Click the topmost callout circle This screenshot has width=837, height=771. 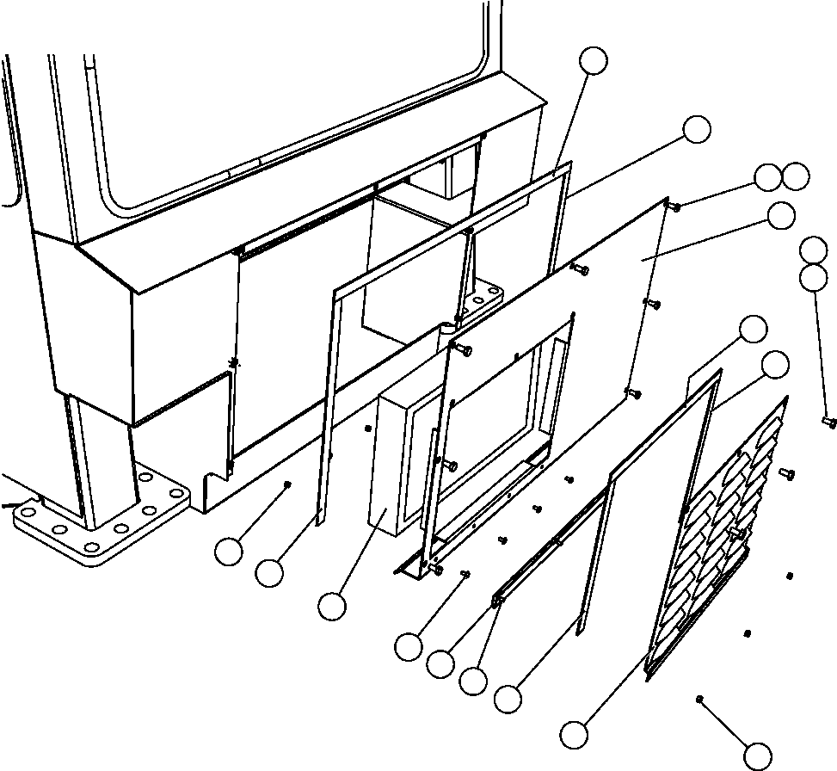pyautogui.click(x=594, y=61)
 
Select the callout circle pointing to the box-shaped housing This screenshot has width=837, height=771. pyautogui.click(x=332, y=606)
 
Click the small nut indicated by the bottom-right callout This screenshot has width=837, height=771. pyautogui.click(x=701, y=698)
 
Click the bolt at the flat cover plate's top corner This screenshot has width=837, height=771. pyautogui.click(x=674, y=207)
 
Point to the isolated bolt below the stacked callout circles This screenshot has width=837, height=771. pyautogui.click(x=829, y=422)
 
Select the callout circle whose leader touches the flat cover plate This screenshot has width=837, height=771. pyautogui.click(x=781, y=216)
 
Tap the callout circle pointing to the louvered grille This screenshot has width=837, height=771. pyautogui.click(x=575, y=734)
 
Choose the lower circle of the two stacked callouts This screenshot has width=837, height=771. pyautogui.click(x=813, y=277)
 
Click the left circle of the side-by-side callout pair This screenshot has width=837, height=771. pyautogui.click(x=767, y=177)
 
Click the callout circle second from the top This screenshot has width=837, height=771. pyautogui.click(x=697, y=129)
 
